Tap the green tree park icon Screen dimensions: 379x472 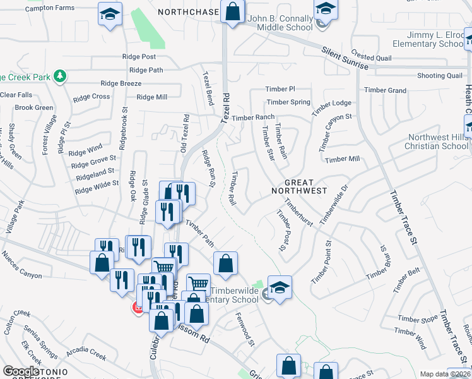[61, 76]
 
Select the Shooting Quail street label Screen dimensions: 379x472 [440, 76]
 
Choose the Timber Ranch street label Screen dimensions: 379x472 [253, 117]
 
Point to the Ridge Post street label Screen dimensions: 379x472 [139, 57]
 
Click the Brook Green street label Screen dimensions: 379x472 [34, 107]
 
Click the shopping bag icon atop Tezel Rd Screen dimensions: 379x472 [232, 11]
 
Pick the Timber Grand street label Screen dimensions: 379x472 [389, 90]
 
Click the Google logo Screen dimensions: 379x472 [21, 372]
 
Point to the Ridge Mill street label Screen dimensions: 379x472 [152, 97]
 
